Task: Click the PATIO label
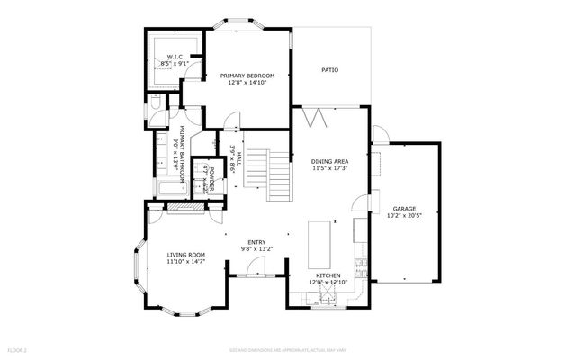point(331,69)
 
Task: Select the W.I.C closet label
point(175,56)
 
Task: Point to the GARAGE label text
point(404,207)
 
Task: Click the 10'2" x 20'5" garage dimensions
point(404,215)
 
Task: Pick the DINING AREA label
point(328,160)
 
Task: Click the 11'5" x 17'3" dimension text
point(328,168)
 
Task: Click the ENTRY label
point(257,240)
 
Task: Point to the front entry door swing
point(257,267)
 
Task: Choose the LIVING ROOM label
point(185,255)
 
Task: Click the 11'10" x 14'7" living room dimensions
point(185,262)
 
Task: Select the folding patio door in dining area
point(312,117)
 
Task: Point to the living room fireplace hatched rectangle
point(186,210)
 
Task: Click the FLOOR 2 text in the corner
point(18,348)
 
